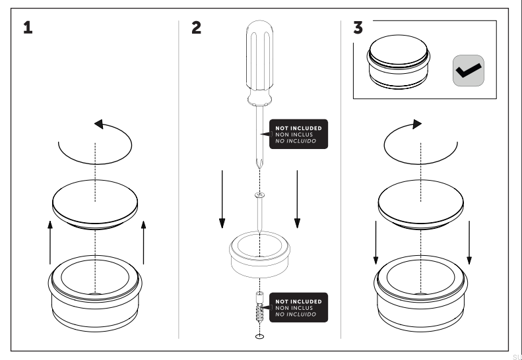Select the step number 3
coord(358,29)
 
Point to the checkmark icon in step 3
coord(469,71)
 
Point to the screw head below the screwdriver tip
coord(260,195)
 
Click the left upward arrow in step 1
coord(49,244)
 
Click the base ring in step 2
coord(260,254)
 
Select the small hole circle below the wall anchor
coord(260,336)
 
